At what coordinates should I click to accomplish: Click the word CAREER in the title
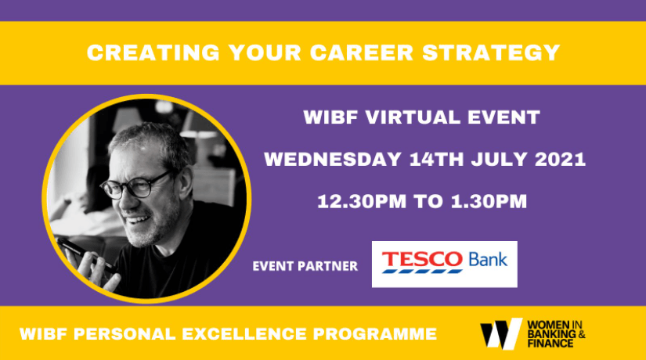point(361,52)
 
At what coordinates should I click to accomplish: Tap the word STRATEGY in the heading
point(491,52)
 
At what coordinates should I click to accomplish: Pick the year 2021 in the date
point(561,160)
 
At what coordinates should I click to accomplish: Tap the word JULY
point(500,160)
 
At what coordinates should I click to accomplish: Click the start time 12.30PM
point(362,201)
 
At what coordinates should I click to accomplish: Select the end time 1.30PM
point(489,201)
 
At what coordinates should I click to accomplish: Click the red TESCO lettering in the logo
point(422,260)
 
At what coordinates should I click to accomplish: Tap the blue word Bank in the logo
point(488,260)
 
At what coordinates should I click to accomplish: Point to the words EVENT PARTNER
point(305,266)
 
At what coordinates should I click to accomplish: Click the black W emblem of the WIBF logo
point(500,333)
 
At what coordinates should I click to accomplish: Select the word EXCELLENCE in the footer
point(244,333)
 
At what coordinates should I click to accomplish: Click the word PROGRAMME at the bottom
point(375,333)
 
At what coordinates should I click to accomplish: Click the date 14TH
point(437,160)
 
